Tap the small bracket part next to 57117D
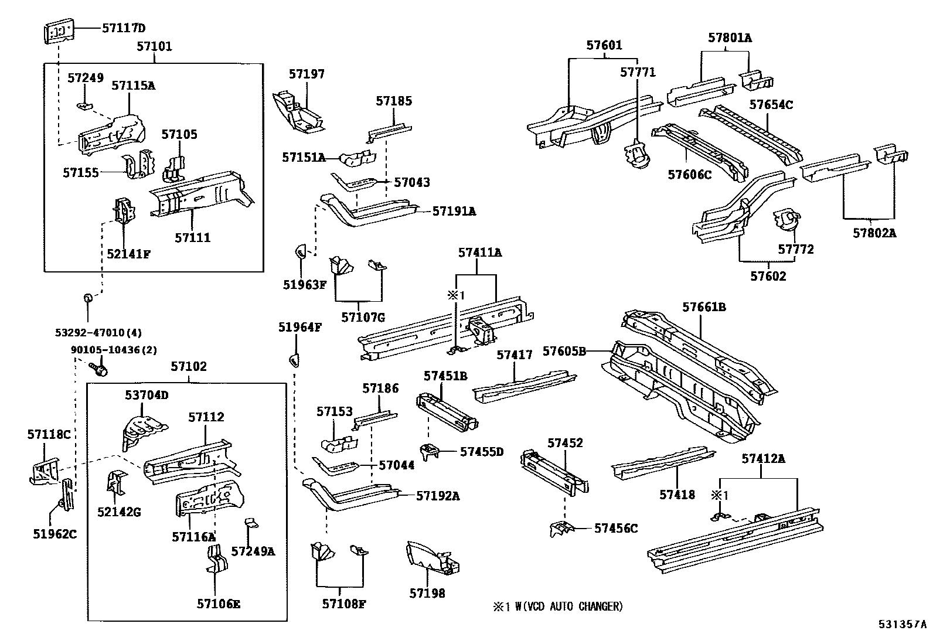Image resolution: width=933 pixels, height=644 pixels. pos(59,32)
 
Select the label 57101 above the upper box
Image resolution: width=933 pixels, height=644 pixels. pos(154,46)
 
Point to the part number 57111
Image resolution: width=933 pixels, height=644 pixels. pos(192,237)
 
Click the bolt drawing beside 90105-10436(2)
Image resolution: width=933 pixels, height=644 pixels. pos(100,369)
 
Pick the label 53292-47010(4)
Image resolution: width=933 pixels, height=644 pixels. pos(98,333)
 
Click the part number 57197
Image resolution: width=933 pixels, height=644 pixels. pos(307,74)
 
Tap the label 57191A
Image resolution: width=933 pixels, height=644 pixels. pos(454,211)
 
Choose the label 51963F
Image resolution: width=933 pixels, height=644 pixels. pos(304,285)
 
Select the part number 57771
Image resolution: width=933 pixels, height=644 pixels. pos(638,72)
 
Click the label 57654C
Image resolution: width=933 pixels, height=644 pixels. pos(771,104)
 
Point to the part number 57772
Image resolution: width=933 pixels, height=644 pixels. pos(796,250)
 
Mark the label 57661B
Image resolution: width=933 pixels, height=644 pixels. pos(704,307)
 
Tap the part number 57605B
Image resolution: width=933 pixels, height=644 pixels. pos(564,351)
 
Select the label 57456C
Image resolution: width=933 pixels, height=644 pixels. pos(615,528)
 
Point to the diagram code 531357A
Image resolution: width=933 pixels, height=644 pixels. pos(902,625)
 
